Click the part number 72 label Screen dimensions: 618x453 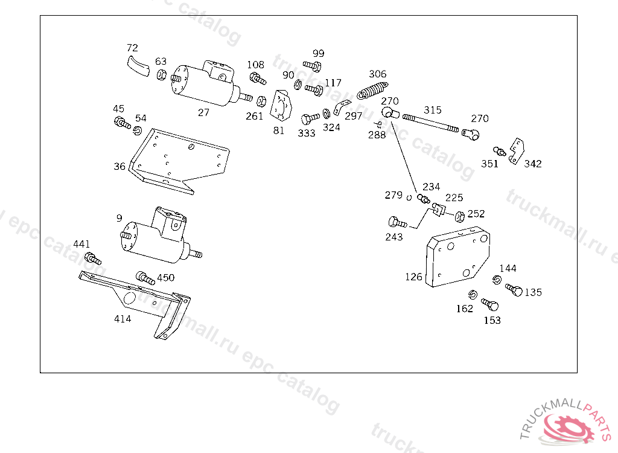tap(132, 48)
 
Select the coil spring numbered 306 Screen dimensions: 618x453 tap(372, 91)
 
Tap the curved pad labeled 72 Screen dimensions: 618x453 tap(138, 66)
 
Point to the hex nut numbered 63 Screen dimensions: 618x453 tap(162, 74)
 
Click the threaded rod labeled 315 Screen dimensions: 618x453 tap(430, 123)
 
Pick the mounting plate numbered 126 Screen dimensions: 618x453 tap(457, 257)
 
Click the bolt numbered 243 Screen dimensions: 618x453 tap(397, 223)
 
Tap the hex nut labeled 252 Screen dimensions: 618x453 tap(459, 216)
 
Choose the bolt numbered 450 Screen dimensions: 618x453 tap(145, 278)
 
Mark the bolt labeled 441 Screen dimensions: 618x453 tap(92, 259)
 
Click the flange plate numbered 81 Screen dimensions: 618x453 tap(281, 106)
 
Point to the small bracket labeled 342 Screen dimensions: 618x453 tap(517, 151)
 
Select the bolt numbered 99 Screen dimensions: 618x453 tap(312, 66)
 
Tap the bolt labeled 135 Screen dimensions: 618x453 tap(514, 290)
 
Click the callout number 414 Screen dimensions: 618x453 tap(123, 319)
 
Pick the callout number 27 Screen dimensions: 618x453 tap(203, 113)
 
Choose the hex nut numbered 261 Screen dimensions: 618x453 tap(261, 101)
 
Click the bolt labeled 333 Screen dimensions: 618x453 tap(310, 118)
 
